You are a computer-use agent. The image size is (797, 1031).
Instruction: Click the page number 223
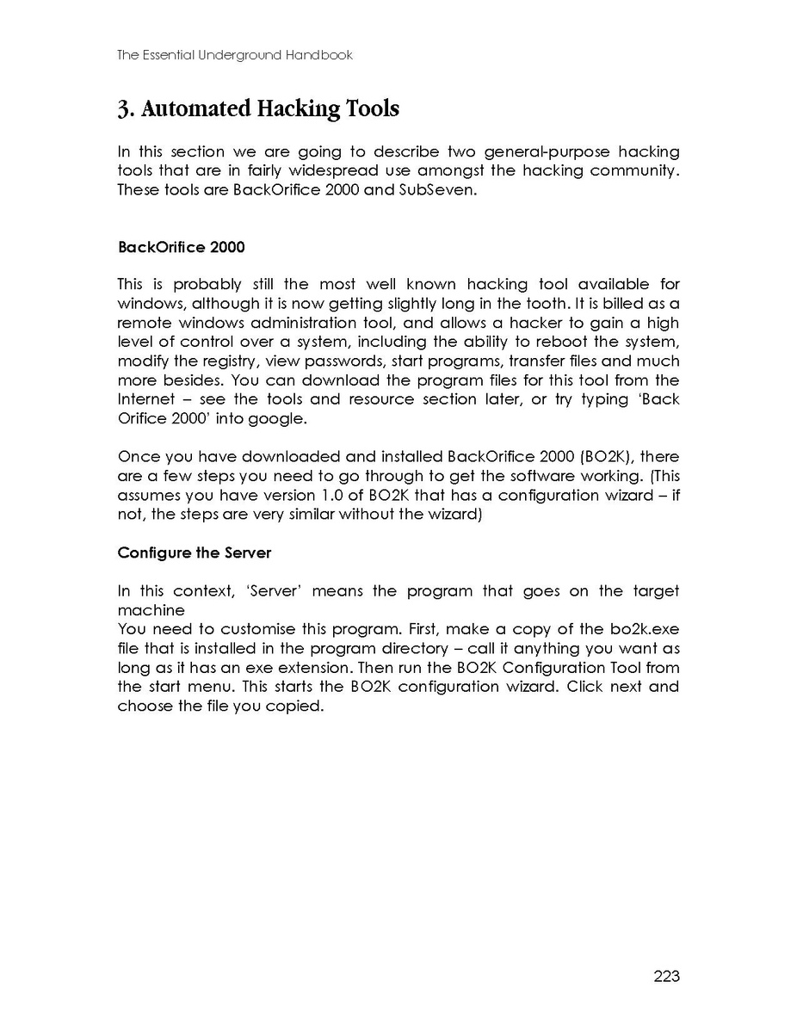[x=666, y=976]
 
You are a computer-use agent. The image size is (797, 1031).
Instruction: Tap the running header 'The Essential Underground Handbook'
[x=235, y=55]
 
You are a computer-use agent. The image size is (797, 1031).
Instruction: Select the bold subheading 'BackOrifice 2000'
[x=181, y=248]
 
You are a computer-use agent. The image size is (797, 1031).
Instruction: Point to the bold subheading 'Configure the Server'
[x=195, y=553]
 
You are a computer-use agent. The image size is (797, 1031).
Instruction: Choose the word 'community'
[x=630, y=170]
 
